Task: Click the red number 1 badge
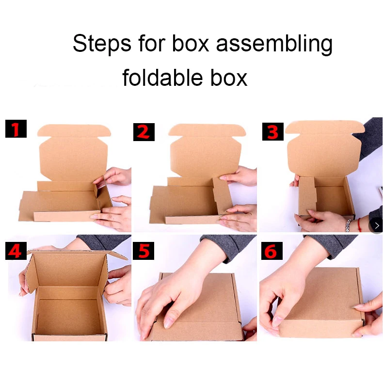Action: [x=16, y=130]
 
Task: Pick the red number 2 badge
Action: [x=144, y=131]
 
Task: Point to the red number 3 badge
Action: [x=272, y=131]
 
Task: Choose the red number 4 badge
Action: [x=16, y=251]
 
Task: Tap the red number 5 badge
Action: [x=144, y=251]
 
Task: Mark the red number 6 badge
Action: [x=272, y=251]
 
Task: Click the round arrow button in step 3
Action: [x=376, y=225]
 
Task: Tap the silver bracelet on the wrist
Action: [x=348, y=225]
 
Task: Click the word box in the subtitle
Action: [x=228, y=78]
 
